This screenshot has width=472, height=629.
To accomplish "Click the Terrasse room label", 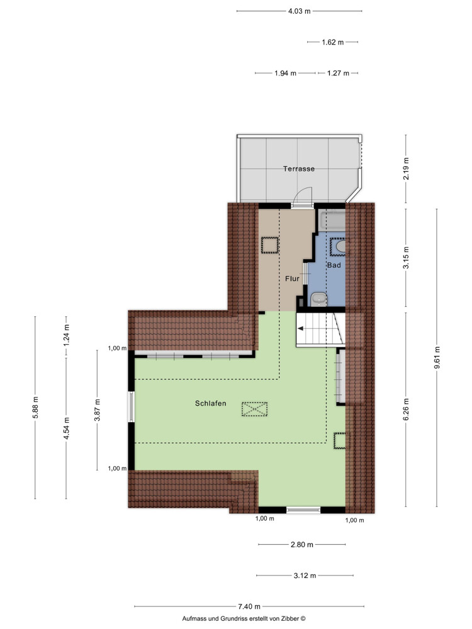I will [x=298, y=169].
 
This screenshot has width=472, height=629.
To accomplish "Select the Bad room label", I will [x=334, y=265].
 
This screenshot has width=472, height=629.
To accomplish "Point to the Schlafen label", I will [x=211, y=404].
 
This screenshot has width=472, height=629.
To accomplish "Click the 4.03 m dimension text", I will [x=300, y=11].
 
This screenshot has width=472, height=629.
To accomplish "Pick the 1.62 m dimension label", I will [x=332, y=42].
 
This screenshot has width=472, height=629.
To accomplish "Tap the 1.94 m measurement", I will [x=285, y=74].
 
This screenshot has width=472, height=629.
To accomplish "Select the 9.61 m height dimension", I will [x=437, y=359].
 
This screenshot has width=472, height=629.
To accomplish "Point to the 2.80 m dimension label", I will [x=301, y=545].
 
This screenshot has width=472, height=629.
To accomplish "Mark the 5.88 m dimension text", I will [x=35, y=408].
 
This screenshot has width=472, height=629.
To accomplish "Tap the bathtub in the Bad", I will [x=332, y=220].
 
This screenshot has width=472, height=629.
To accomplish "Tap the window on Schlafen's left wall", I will [x=130, y=408].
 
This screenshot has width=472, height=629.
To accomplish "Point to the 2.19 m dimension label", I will [x=406, y=169].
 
